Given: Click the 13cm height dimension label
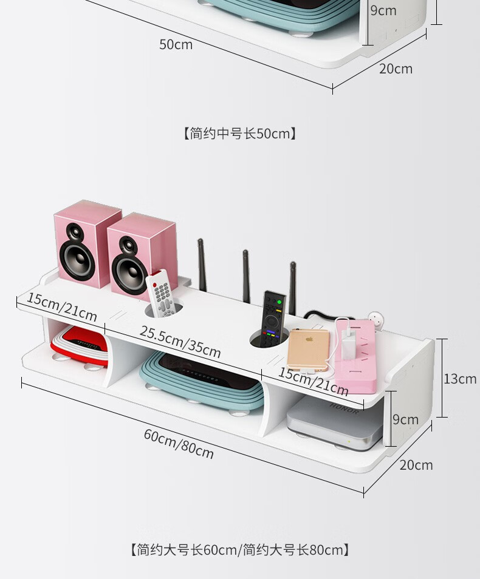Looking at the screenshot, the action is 460,379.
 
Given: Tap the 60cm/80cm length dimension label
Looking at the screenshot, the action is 179,443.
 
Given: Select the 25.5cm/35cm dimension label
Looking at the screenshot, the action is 180,341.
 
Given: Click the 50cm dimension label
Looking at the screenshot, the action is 176,44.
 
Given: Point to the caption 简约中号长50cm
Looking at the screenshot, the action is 240,133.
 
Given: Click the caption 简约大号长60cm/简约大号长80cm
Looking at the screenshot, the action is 240,550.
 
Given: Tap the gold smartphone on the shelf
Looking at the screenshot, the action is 307,350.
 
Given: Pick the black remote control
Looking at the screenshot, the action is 273,318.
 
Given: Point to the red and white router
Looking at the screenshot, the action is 79,346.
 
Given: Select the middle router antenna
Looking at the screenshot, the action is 246,276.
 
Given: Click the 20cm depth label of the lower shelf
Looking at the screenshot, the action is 416,465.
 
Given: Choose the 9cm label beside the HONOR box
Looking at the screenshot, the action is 405,419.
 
